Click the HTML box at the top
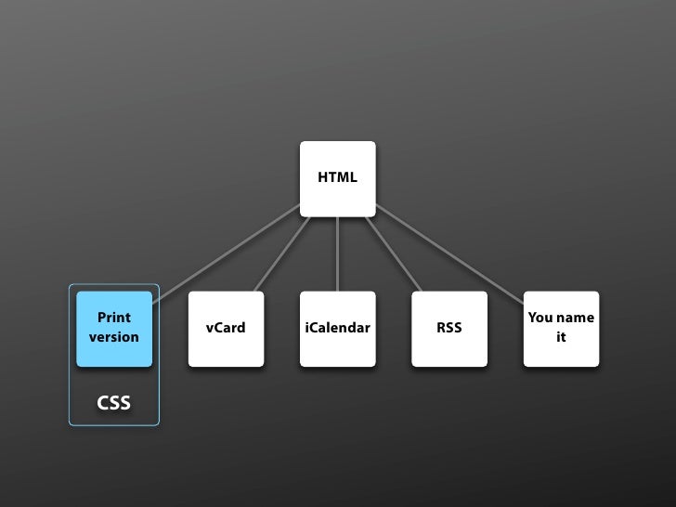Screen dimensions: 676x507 click(337, 178)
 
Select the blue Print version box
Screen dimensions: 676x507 click(114, 329)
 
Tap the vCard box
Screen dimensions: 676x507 click(226, 329)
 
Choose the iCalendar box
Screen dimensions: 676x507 click(337, 329)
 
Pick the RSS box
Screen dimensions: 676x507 click(449, 329)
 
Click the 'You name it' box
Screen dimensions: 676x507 click(561, 329)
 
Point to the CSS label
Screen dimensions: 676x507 click(114, 403)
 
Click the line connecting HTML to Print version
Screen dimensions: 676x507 click(227, 252)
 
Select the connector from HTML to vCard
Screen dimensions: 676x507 click(281, 253)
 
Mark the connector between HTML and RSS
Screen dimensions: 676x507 click(394, 253)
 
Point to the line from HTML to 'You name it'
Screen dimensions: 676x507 click(450, 253)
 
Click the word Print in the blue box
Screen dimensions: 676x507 click(114, 318)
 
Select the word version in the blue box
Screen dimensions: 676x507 click(114, 337)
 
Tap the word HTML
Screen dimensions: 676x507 click(337, 177)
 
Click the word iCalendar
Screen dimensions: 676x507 click(337, 328)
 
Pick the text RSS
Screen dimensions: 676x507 click(449, 328)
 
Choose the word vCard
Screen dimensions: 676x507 click(226, 328)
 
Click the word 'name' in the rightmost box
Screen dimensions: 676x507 click(575, 318)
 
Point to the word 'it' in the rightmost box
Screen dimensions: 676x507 click(561, 337)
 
